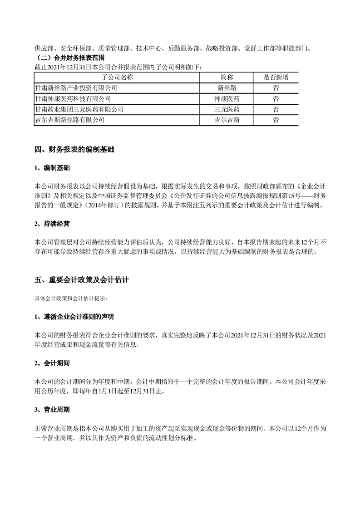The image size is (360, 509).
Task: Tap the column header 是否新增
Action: click(276, 77)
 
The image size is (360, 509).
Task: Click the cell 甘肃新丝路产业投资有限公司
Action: click(75, 88)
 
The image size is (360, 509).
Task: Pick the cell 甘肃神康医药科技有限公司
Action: click(72, 98)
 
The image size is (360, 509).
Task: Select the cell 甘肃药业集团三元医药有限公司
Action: click(79, 109)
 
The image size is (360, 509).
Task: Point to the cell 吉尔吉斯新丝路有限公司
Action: click(69, 120)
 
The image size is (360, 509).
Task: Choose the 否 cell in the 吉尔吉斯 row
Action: click(276, 120)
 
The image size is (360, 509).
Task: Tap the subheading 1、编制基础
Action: click(52, 168)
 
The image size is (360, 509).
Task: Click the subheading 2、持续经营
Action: click(52, 224)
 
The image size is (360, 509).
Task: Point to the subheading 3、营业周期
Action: click(52, 410)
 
